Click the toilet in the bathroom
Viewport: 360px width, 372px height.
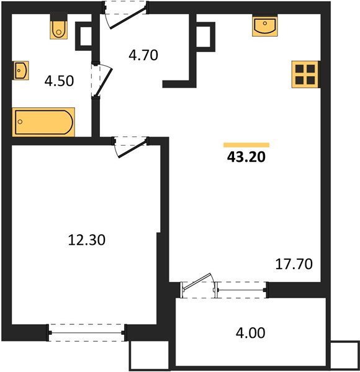58,28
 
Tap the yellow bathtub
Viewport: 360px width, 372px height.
43,122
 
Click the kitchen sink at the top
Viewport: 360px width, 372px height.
266,27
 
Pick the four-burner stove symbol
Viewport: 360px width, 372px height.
305,74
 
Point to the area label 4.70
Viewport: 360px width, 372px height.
143,55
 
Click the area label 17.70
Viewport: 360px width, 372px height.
293,263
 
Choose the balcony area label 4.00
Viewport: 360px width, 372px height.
250,334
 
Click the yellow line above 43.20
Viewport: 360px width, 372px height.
246,144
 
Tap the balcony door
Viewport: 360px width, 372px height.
199,286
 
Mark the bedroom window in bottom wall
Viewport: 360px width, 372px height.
86,333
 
